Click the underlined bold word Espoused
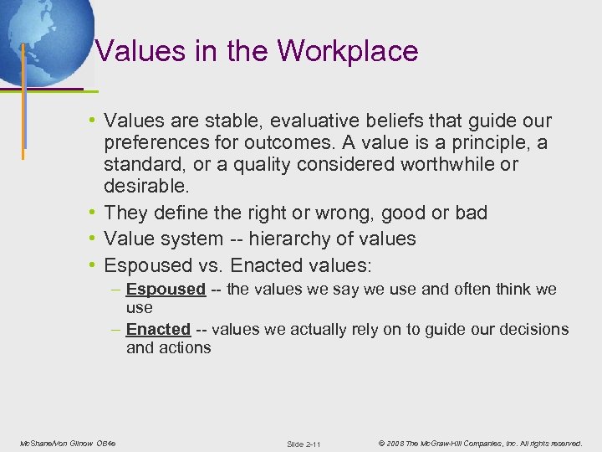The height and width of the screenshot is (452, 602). (166, 290)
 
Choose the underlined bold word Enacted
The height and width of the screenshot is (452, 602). (158, 330)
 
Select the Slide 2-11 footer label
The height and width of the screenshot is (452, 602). (304, 443)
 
